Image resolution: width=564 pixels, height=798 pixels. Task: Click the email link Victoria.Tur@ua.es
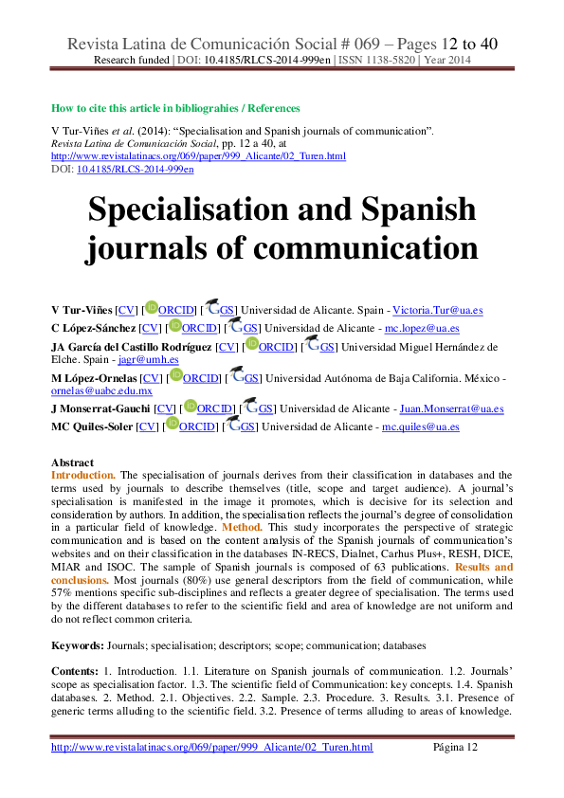pyautogui.click(x=438, y=311)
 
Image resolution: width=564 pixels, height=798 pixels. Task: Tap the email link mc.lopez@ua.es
pyautogui.click(x=422, y=329)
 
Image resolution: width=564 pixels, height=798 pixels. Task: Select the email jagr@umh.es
pyautogui.click(x=148, y=360)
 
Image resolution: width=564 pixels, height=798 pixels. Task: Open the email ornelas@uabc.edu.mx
pyautogui.click(x=101, y=390)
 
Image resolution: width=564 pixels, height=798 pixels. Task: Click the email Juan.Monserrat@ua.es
pyautogui.click(x=452, y=408)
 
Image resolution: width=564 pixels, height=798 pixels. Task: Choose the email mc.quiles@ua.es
pyautogui.click(x=421, y=427)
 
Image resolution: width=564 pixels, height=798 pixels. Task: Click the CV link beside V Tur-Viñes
pyautogui.click(x=127, y=311)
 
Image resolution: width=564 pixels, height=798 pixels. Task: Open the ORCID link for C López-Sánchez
pyautogui.click(x=200, y=329)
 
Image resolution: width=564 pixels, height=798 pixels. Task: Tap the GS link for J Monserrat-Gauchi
pyautogui.click(x=264, y=408)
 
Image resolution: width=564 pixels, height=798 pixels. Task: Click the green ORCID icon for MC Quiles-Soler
pyautogui.click(x=173, y=423)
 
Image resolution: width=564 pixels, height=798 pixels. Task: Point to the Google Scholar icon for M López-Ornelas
pyautogui.click(x=236, y=374)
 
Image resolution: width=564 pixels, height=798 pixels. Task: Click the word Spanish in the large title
pyautogui.click(x=418, y=209)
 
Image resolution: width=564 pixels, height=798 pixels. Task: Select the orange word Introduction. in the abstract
pyautogui.click(x=83, y=476)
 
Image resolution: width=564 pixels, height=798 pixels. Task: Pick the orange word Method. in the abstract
pyautogui.click(x=243, y=528)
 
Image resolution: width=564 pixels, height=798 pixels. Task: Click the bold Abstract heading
pyautogui.click(x=72, y=462)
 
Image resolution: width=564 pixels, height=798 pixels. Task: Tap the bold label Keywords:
pyautogui.click(x=78, y=645)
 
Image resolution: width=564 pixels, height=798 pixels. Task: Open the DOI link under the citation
pyautogui.click(x=136, y=170)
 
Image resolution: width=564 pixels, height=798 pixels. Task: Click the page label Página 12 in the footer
pyautogui.click(x=456, y=747)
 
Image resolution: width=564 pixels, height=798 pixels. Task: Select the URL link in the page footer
pyautogui.click(x=211, y=747)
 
